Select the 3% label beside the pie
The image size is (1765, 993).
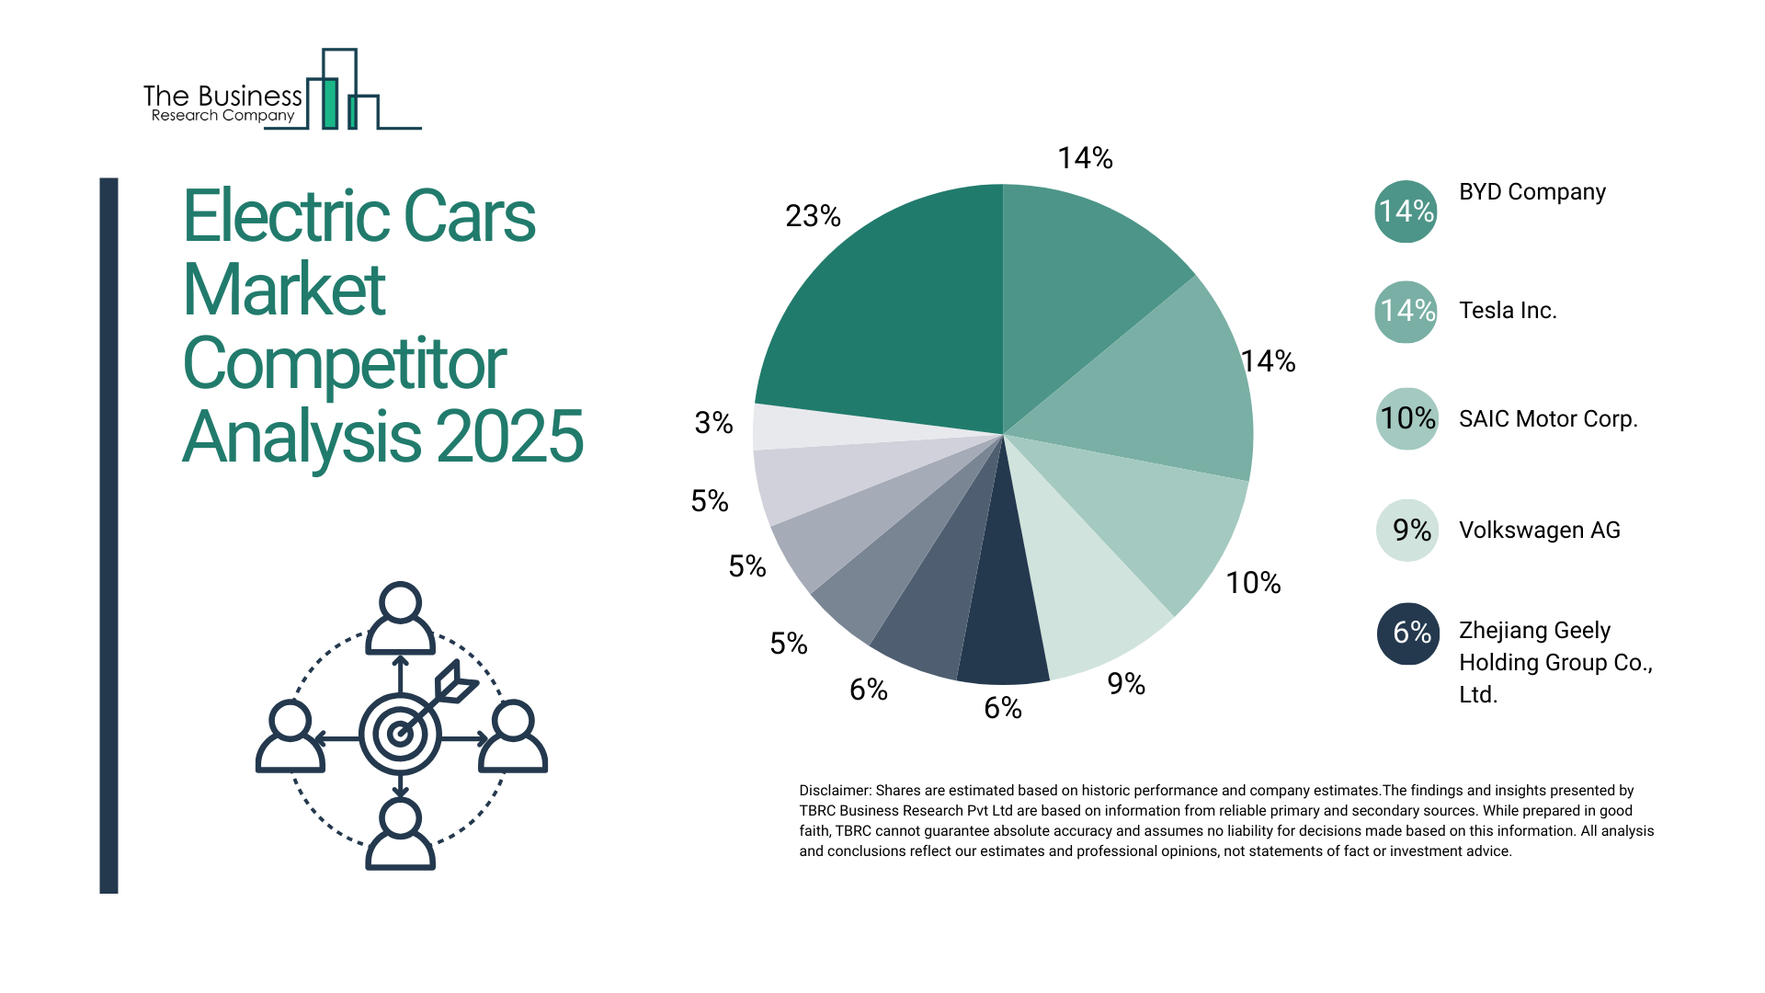(713, 423)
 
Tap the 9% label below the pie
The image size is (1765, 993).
(1125, 684)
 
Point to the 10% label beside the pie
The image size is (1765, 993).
(1253, 583)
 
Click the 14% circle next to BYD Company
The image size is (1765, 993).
(1406, 211)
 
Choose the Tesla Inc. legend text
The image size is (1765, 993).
(1508, 311)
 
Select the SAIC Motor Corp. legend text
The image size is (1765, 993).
(1548, 419)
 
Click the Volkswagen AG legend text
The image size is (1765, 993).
(1539, 531)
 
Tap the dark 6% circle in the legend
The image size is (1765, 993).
(1407, 633)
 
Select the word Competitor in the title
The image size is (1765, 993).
(344, 364)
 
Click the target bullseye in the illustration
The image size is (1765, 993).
(400, 734)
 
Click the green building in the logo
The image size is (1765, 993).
(329, 103)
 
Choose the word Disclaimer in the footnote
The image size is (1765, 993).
(834, 791)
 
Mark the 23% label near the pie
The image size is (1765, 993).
(813, 216)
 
